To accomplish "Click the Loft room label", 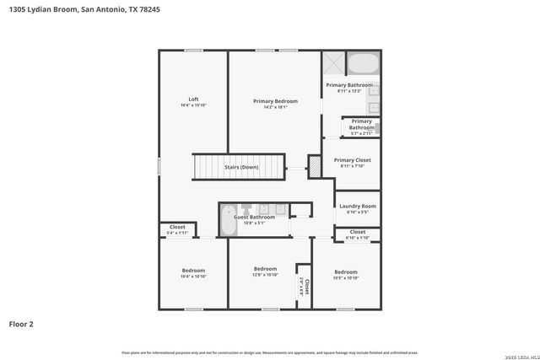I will [x=193, y=99].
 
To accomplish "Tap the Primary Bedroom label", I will [x=275, y=101].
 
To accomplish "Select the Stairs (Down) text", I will [x=241, y=167].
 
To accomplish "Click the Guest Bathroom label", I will [x=254, y=218].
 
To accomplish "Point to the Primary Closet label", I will [x=352, y=160].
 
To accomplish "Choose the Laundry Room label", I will [x=357, y=206].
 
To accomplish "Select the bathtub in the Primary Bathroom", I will [x=364, y=64].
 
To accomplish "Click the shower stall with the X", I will [x=332, y=63].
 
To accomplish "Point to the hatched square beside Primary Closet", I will [x=314, y=167].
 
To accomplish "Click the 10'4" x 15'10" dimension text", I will [x=193, y=106].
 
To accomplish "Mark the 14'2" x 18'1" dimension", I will [x=275, y=107].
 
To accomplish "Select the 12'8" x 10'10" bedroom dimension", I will [x=265, y=275].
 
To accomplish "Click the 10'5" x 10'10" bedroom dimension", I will [x=346, y=277].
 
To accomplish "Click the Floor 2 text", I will [x=22, y=323].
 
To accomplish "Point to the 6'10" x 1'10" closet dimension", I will [x=358, y=238].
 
